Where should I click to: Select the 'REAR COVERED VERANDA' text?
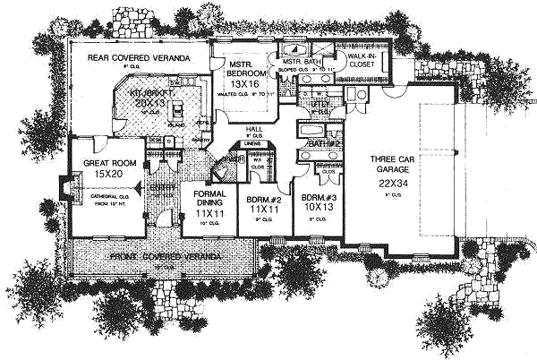pyautogui.click(x=138, y=58)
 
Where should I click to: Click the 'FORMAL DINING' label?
pyautogui.click(x=209, y=203)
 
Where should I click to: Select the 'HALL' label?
pyautogui.click(x=253, y=129)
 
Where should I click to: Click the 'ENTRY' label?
pyautogui.click(x=161, y=187)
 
